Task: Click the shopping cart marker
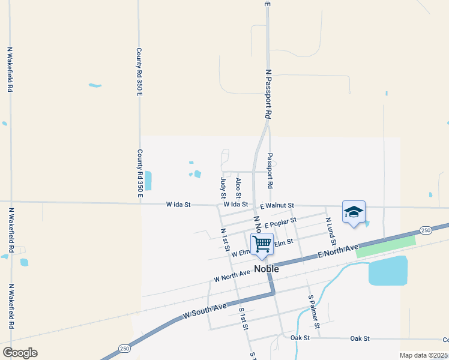pyautogui.click(x=262, y=244)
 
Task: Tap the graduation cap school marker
pyautogui.click(x=354, y=212)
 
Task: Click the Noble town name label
pyautogui.click(x=267, y=269)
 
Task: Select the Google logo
pyautogui.click(x=20, y=353)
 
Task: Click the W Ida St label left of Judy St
pyautogui.click(x=178, y=205)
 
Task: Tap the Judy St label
pyautogui.click(x=223, y=188)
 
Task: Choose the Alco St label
pyautogui.click(x=238, y=188)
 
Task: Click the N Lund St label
pyautogui.click(x=328, y=229)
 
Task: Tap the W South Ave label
pyautogui.click(x=205, y=310)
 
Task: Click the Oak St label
pyautogui.click(x=300, y=338)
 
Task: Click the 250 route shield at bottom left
pyautogui.click(x=124, y=349)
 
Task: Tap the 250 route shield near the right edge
pyautogui.click(x=425, y=230)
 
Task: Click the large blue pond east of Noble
pyautogui.click(x=387, y=272)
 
